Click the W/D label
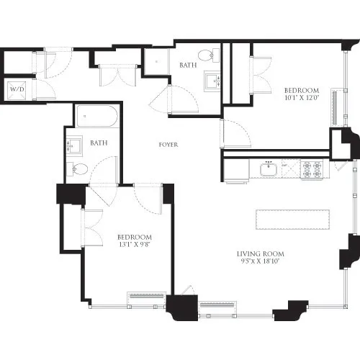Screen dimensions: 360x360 (x=16, y=90)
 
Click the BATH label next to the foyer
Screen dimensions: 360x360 (x=99, y=143)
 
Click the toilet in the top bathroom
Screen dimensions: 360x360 (x=207, y=53)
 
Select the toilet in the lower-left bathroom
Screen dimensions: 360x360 (x=79, y=169)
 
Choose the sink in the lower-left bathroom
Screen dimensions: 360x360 (x=74, y=145)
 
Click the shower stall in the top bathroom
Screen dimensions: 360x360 (x=156, y=63)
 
